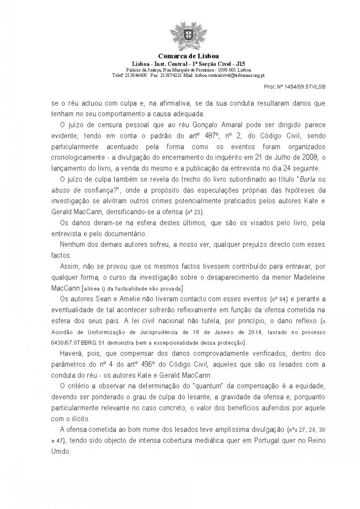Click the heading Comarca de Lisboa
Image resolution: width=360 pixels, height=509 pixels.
click(x=180, y=56)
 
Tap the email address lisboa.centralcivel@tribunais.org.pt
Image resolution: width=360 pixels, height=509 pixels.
click(x=229, y=75)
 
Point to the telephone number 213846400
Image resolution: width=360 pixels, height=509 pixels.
click(x=136, y=75)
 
